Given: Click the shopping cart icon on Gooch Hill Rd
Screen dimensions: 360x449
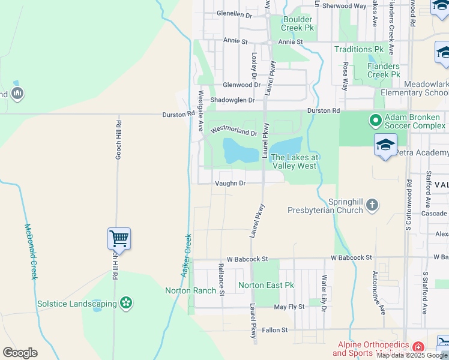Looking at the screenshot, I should pyautogui.click(x=119, y=238).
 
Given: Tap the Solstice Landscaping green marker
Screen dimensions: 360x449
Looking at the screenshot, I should pyautogui.click(x=126, y=304).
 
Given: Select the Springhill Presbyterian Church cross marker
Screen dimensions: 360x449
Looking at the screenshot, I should pyautogui.click(x=372, y=205).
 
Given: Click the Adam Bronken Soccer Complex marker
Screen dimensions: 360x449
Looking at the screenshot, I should pyautogui.click(x=376, y=121).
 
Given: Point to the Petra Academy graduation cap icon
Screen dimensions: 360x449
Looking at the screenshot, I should pyautogui.click(x=385, y=145).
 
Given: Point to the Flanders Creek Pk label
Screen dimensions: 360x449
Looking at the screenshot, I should pyautogui.click(x=383, y=70).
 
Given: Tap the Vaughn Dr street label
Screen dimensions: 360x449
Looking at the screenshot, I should pyautogui.click(x=231, y=184).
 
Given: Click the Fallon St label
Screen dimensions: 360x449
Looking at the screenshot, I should pyautogui.click(x=275, y=330).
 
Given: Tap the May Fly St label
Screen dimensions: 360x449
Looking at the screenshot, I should pyautogui.click(x=289, y=307).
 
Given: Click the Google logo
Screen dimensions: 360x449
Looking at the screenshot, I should pyautogui.click(x=20, y=353).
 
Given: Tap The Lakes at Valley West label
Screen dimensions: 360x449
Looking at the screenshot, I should pyautogui.click(x=294, y=161).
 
